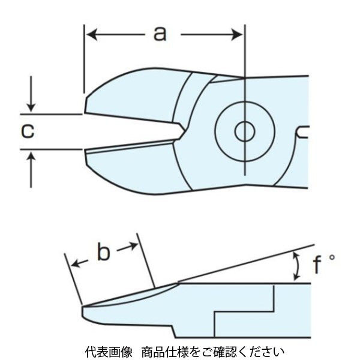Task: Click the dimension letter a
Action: (x=159, y=34)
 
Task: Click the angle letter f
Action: (x=319, y=265)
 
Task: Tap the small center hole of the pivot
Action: (x=244, y=131)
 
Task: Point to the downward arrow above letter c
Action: (x=31, y=106)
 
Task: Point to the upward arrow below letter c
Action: (x=31, y=157)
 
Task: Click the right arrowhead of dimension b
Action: (x=133, y=246)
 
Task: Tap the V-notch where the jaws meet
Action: (x=179, y=130)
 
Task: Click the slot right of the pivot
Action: (x=304, y=131)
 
